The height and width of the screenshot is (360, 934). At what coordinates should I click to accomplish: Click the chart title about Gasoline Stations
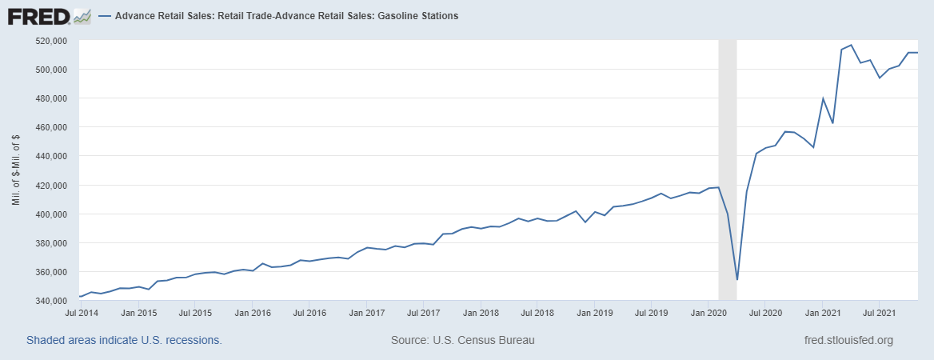coord(286,16)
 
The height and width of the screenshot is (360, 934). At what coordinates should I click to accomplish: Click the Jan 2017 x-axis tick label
coord(365,313)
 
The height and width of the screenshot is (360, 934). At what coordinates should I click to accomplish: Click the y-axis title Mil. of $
coord(16,170)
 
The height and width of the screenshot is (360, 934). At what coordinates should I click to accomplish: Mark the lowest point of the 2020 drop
coord(737,279)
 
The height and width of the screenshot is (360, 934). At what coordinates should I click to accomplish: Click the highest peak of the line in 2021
coord(851,45)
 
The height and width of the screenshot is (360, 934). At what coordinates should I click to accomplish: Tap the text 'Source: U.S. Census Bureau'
coord(462,340)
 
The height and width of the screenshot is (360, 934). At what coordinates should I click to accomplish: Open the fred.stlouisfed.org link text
coord(848,340)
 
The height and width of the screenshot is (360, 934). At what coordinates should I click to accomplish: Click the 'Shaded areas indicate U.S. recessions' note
coord(124,340)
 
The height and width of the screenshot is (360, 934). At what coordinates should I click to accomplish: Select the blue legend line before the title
coord(105,16)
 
